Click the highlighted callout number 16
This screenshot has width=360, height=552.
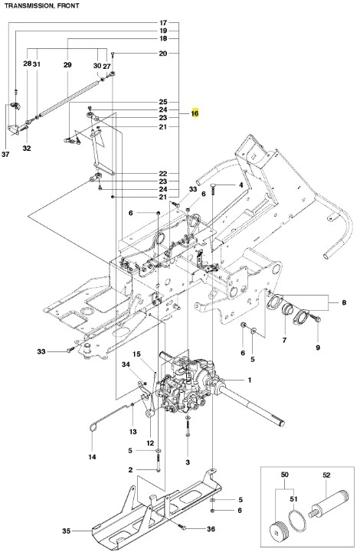click(195, 113)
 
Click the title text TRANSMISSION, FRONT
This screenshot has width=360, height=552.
click(42, 5)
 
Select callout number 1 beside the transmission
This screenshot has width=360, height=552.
click(250, 380)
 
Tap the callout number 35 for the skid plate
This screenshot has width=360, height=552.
click(66, 531)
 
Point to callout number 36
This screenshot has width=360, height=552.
click(211, 529)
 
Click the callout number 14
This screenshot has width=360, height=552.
click(92, 457)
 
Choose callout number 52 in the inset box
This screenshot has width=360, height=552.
click(326, 475)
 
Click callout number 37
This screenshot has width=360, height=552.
click(5, 154)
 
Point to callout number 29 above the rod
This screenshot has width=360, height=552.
click(67, 65)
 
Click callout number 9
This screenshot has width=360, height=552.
click(318, 348)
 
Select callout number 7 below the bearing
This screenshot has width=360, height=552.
click(284, 340)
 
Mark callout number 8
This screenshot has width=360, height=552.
click(344, 302)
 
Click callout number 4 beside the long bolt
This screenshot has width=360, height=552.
click(241, 185)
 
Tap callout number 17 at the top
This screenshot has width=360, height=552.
click(162, 23)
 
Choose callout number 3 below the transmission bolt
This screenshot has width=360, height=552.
click(188, 462)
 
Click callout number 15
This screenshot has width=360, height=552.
click(136, 354)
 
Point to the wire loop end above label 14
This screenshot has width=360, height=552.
click(92, 427)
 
